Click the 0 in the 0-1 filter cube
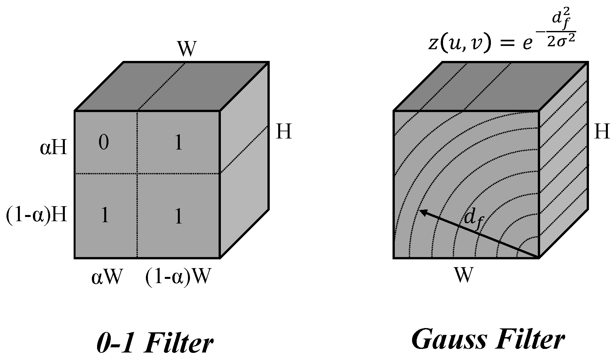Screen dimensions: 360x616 [x=104, y=143]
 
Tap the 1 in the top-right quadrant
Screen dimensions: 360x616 [x=179, y=143]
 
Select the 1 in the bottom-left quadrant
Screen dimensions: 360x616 [x=104, y=216]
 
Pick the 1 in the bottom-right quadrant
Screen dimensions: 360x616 [x=179, y=217]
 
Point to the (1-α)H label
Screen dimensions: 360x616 [x=36, y=215]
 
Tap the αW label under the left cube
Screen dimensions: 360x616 [x=107, y=278]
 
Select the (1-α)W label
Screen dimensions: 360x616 [x=177, y=278]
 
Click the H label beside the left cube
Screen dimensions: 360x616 [x=284, y=132]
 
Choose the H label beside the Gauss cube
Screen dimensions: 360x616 [x=602, y=132]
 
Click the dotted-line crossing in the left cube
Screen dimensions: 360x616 [x=137, y=174]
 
